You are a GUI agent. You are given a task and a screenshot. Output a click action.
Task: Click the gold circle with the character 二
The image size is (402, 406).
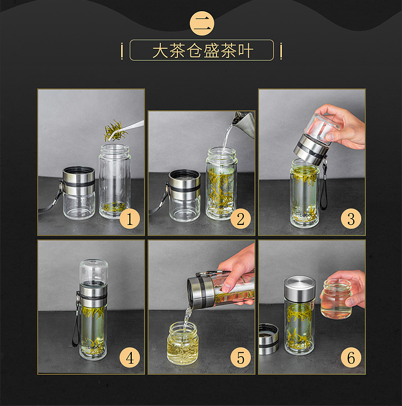202,24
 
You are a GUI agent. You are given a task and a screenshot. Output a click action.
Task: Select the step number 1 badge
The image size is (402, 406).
130,219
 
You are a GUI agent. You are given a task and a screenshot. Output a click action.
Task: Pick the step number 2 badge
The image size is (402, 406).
241,219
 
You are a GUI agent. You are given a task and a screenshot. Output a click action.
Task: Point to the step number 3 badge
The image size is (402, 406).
351,219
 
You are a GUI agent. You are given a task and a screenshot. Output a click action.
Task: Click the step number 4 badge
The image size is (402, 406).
130,358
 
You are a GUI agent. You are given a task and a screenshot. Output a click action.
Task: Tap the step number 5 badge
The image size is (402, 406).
241,358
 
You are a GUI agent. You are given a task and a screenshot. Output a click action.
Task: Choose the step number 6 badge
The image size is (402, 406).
351,358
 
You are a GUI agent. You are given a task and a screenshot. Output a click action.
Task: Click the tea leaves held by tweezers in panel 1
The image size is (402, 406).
116,131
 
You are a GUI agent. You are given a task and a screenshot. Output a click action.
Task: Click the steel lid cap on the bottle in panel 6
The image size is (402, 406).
300,287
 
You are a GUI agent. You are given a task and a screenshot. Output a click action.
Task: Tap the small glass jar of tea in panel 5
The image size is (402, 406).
183,343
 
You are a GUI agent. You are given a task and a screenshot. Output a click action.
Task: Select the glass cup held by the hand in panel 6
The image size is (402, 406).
336,298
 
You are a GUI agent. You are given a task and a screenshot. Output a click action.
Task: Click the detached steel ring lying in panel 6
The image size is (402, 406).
269,339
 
